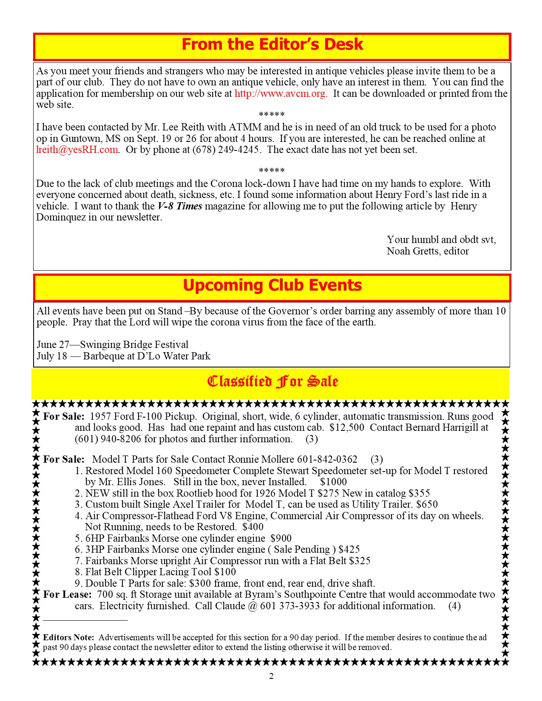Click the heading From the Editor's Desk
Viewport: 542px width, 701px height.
272,45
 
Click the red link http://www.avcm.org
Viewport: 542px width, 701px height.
281,93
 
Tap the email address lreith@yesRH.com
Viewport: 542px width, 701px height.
77,150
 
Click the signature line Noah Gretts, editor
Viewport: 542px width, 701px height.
427,251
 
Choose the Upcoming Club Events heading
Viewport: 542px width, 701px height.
272,285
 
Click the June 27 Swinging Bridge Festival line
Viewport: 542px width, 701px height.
112,345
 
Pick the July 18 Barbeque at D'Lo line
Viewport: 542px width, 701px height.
123,356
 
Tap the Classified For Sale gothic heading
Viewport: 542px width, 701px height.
272,382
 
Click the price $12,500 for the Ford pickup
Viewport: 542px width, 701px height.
346,428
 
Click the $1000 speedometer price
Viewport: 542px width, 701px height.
333,482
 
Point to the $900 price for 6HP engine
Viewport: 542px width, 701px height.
281,538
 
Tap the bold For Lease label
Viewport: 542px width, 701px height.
67,594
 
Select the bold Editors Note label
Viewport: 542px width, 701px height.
68,637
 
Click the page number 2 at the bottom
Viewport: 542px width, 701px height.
271,676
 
